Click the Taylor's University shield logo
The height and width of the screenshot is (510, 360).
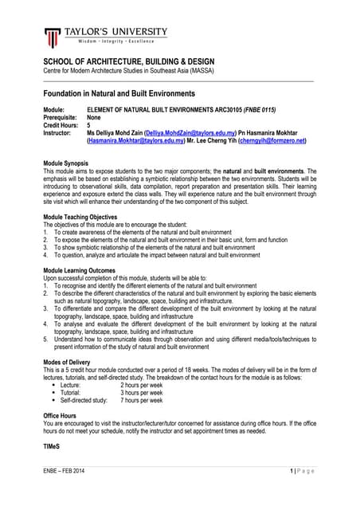click(53, 37)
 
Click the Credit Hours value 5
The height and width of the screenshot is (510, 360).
click(88, 124)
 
